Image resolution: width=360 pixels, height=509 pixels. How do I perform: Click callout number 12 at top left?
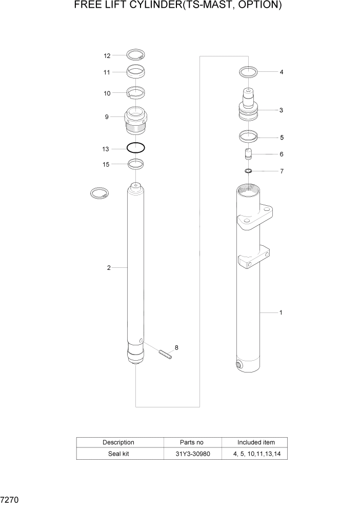[x=107, y=55]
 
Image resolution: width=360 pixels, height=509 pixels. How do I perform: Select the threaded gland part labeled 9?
[x=135, y=120]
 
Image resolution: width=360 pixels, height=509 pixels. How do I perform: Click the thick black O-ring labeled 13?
[x=135, y=148]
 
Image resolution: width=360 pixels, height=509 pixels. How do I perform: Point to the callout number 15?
[x=107, y=164]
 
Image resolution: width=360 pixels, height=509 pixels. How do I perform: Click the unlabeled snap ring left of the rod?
[x=99, y=193]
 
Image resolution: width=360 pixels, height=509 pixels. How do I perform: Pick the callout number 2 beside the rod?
[x=109, y=267]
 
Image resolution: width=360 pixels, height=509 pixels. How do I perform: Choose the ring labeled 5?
[x=248, y=137]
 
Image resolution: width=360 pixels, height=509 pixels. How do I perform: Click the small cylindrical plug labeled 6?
[x=248, y=154]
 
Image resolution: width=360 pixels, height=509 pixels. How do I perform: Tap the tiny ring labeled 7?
[x=248, y=171]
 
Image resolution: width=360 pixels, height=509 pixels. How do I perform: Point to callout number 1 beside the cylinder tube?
[x=281, y=312]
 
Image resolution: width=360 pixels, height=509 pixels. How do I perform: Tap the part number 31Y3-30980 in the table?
[x=192, y=454]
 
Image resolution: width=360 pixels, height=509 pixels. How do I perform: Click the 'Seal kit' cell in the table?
[x=119, y=454]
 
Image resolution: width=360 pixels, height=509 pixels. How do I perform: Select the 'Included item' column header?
[x=255, y=442]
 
